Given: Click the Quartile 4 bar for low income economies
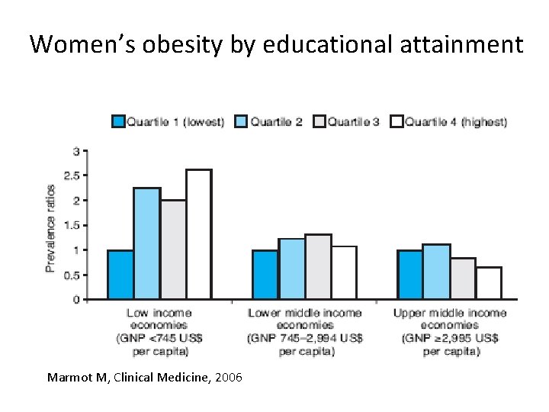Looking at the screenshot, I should (x=198, y=234).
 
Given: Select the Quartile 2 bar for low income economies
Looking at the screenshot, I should (x=146, y=243).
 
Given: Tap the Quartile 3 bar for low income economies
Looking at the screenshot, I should (x=173, y=249).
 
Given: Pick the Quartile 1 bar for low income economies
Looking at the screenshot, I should (x=120, y=275).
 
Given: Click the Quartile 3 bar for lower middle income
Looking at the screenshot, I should (x=318, y=267).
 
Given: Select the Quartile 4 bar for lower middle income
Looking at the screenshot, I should (x=344, y=272).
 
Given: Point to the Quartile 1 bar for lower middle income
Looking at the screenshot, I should (x=265, y=275).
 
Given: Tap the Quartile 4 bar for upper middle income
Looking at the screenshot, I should (x=489, y=283).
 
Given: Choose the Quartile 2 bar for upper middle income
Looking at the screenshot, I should (x=437, y=272).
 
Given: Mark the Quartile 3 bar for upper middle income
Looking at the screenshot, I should (x=463, y=278).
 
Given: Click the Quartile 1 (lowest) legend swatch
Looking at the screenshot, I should (x=118, y=121).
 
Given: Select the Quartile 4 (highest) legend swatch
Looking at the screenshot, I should (x=396, y=121).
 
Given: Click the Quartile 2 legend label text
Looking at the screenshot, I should (x=277, y=121).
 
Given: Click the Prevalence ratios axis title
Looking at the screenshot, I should (x=50, y=227).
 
